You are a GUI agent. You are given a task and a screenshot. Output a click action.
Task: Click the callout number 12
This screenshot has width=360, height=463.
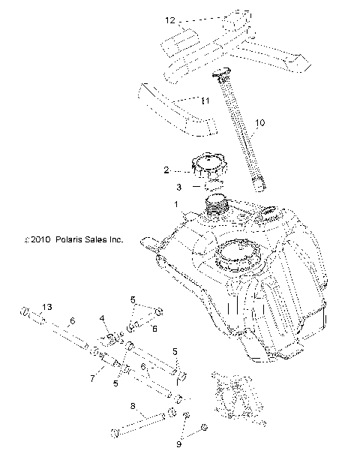[170, 20]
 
